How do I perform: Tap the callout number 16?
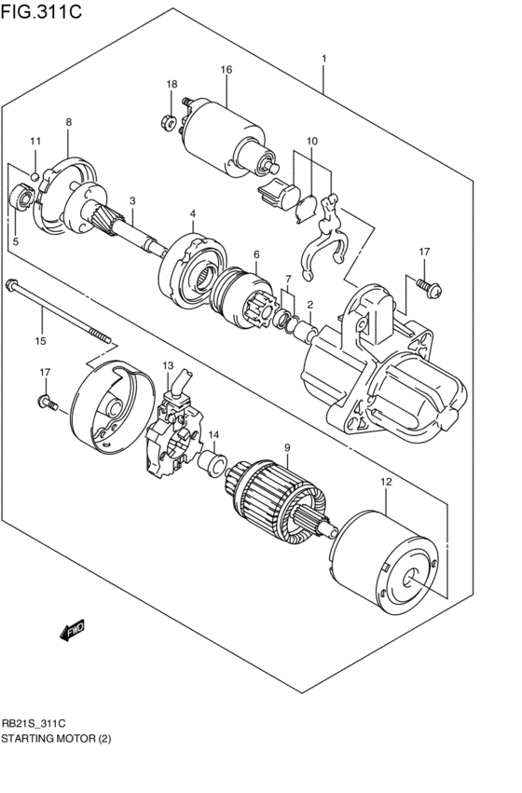226,70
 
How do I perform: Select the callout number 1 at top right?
323,60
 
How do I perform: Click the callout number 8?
68,122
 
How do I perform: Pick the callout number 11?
35,141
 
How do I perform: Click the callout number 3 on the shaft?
132,200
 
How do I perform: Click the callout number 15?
40,340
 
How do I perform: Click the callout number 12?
384,481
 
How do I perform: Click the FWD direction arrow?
72,633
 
